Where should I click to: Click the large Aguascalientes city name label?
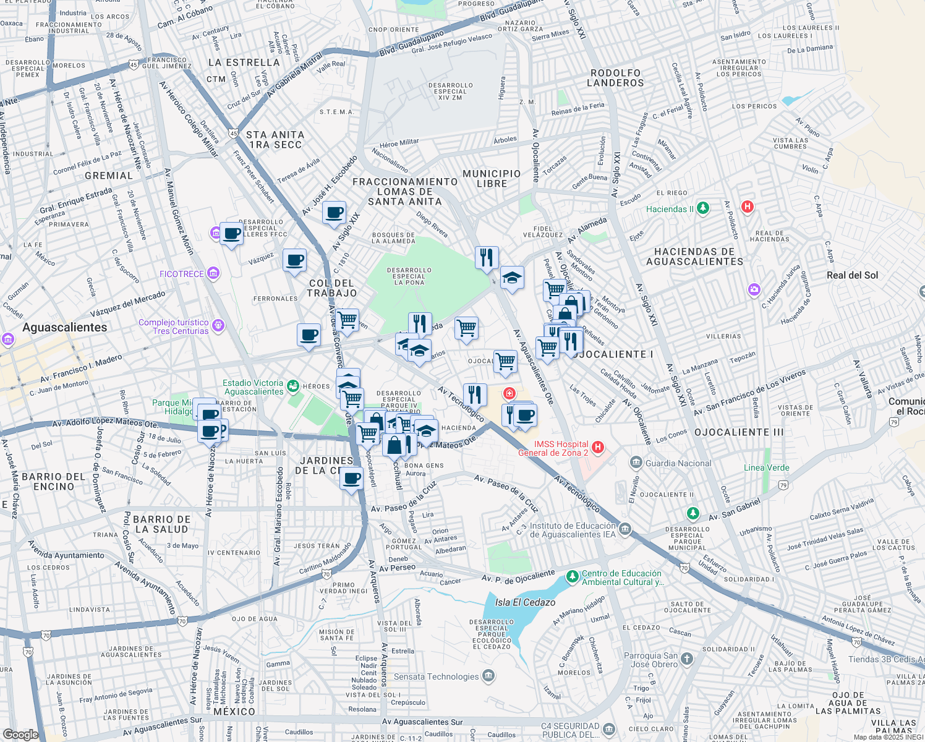coord(65,328)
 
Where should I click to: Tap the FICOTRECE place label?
coord(182,274)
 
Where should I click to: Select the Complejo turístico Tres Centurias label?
coord(174,326)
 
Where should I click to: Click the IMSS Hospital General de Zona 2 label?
coord(553,448)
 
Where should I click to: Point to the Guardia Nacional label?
coord(678,463)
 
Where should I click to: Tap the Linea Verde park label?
coord(766,467)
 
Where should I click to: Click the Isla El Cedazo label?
coord(525,602)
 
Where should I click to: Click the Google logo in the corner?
coord(20,735)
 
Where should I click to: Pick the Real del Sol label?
coord(852,275)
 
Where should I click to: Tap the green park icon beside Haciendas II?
coord(703,208)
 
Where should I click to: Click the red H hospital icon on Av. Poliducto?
coord(747,206)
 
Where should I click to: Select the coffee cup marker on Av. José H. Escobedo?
coord(334,213)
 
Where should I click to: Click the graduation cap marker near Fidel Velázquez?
coord(512,278)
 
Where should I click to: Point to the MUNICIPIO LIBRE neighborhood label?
coord(492,179)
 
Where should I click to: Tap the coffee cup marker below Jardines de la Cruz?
coord(351,479)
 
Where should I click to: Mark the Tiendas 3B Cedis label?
coord(886,659)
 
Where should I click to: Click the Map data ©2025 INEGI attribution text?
coord(888,737)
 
